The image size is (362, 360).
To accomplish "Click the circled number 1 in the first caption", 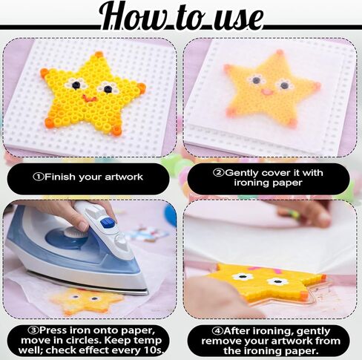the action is tap(39, 177).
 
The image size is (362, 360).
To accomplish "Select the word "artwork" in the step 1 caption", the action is tap(124, 177).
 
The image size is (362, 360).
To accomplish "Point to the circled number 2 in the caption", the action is tap(219, 172).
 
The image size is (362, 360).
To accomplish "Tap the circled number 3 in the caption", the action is tap(33, 330).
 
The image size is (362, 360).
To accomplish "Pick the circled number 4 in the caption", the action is tap(217, 330).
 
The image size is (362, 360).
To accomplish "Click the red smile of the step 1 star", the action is tap(90, 99).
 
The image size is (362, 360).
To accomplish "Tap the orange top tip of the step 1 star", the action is tap(99, 54).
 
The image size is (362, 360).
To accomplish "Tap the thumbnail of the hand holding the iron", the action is tap(82, 226).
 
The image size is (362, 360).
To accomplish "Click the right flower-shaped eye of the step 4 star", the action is tap(277, 281).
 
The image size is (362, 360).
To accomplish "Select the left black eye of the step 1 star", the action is tap(76, 85).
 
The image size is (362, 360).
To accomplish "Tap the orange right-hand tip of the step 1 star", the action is tap(142, 88).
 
